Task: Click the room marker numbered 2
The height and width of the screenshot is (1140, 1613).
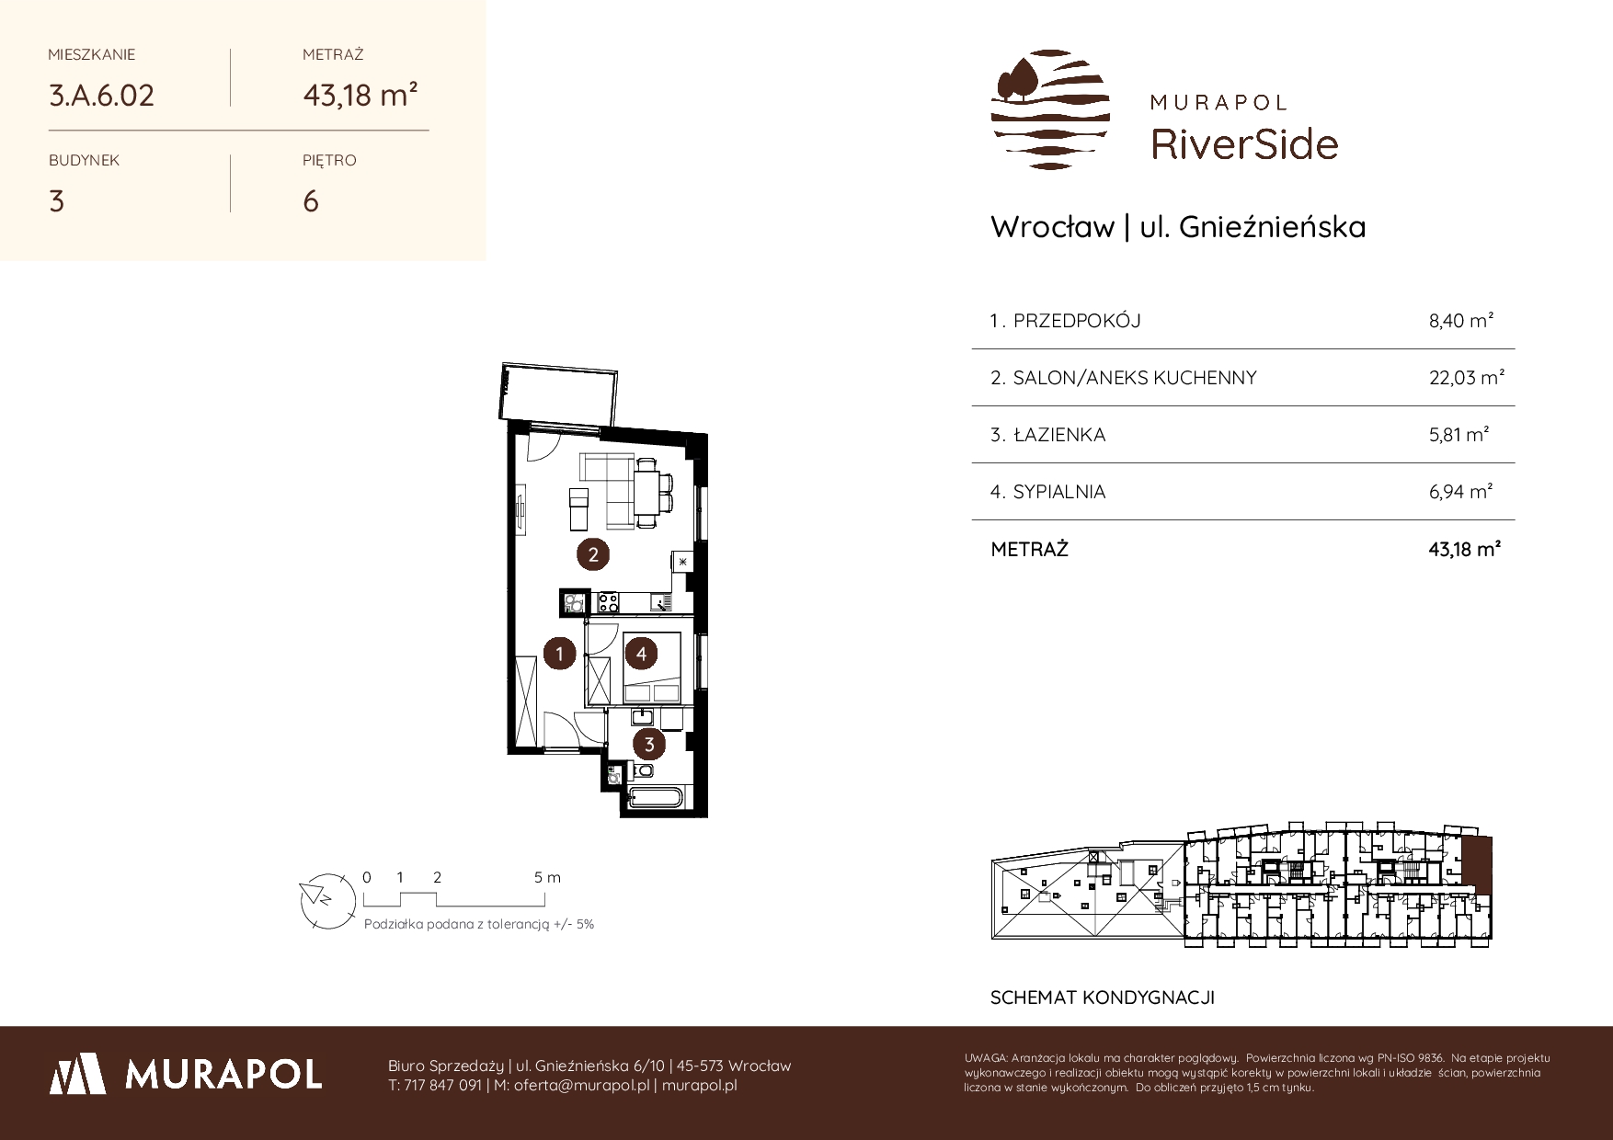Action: point(593,554)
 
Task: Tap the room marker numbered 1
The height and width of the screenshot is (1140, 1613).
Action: point(559,655)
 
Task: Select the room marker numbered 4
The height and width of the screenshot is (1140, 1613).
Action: point(641,655)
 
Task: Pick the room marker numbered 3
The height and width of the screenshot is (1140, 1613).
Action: point(649,745)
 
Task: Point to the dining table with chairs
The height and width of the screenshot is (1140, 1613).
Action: point(652,493)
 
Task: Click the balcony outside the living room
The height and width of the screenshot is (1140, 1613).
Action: point(558,394)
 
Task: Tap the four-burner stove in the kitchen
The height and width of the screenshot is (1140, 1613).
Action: point(608,603)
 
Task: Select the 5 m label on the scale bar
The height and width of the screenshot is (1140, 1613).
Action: point(547,877)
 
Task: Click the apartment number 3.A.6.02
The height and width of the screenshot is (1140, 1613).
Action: point(101,95)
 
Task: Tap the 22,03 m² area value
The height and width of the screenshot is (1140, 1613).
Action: point(1466,377)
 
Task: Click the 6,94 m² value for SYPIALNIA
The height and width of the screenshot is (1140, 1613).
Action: point(1460,492)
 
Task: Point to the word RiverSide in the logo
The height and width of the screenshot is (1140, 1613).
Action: point(1244,143)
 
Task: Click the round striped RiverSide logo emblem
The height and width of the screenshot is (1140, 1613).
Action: point(1050,109)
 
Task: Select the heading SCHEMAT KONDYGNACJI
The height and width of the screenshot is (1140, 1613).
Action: point(1103,997)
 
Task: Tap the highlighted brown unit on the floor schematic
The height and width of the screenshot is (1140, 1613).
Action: point(1477,865)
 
